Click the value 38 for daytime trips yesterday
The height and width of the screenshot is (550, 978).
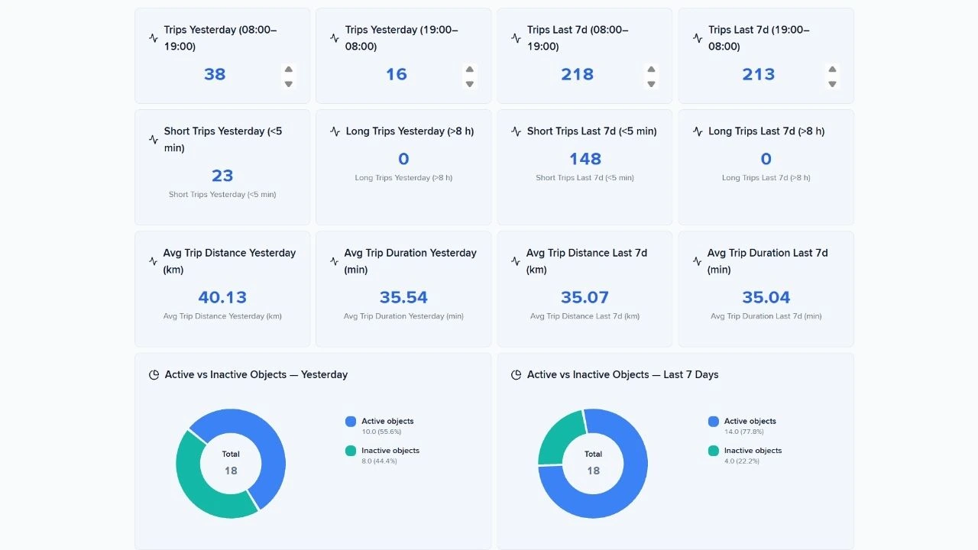215,74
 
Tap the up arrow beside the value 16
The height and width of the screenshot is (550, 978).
470,69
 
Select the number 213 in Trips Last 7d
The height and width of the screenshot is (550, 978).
758,74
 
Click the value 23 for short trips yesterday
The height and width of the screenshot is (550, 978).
222,176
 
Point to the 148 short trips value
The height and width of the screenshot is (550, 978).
585,159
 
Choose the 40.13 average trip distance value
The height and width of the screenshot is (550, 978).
222,297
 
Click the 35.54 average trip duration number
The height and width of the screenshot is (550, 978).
403,297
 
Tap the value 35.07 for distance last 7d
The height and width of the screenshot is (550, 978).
585,297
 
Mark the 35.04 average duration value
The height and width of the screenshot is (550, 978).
766,297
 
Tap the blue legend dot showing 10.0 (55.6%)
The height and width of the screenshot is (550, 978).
351,421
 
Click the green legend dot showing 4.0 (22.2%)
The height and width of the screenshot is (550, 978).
714,451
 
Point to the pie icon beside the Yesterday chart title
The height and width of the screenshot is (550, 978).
154,375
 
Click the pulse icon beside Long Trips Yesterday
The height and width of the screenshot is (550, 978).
335,131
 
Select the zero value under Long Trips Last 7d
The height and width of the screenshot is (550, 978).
766,159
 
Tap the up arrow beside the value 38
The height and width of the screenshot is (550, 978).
289,69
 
